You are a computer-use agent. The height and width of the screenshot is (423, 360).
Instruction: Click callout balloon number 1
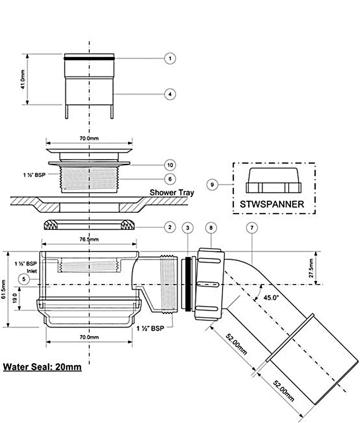tap(169, 58)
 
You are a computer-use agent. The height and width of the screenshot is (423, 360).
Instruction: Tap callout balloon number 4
tap(169, 93)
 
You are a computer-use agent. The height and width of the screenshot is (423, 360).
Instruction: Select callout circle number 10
tap(169, 165)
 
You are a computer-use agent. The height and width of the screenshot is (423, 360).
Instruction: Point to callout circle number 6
tap(169, 179)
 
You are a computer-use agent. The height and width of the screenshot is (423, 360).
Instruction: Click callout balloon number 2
tap(169, 227)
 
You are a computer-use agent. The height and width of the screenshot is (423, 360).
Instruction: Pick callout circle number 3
tap(188, 227)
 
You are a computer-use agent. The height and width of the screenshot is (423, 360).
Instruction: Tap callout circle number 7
tap(251, 227)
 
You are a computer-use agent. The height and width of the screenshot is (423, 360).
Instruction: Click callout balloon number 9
tap(213, 184)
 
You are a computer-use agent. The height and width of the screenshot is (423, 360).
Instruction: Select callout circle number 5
tap(25, 278)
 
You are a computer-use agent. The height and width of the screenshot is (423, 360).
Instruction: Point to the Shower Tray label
tap(172, 192)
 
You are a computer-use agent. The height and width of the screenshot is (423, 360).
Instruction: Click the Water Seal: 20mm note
tap(42, 367)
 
